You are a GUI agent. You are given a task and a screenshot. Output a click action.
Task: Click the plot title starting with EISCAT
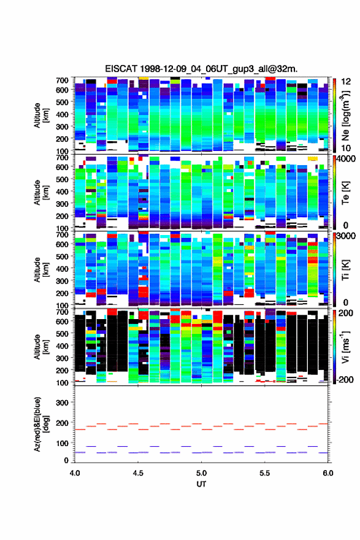201,69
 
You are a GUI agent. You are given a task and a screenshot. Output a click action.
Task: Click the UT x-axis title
201,484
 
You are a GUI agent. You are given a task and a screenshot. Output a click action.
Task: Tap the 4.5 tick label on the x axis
138,473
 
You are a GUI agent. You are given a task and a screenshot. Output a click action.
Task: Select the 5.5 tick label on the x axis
265,473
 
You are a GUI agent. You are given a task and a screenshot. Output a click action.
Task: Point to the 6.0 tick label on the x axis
328,473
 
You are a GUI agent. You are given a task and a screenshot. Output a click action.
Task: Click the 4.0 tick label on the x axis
75,473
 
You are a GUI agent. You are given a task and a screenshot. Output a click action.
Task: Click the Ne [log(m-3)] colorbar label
345,115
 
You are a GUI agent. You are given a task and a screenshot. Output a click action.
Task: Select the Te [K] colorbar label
345,193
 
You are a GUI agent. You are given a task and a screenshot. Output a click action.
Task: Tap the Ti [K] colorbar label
345,269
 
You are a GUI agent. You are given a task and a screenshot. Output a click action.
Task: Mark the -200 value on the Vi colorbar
344,379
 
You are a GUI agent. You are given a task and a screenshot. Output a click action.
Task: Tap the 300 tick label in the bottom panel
62,403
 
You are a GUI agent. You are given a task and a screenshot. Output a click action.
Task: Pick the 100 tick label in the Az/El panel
62,443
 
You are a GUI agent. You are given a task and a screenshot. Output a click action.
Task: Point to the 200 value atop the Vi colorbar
345,313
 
